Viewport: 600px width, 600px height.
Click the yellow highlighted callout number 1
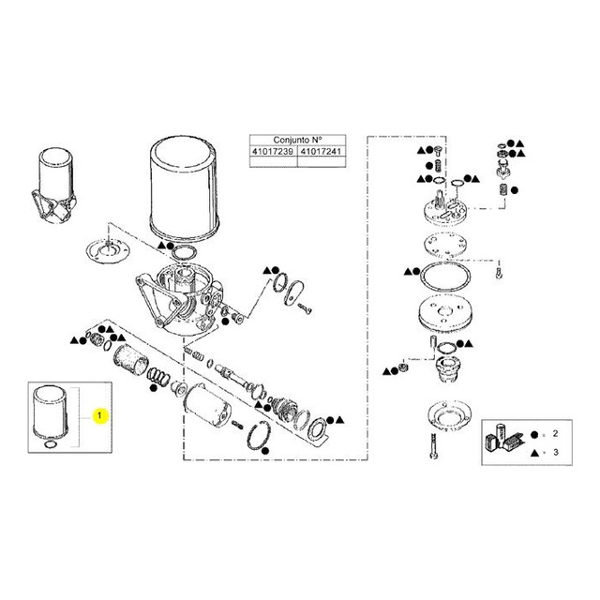(x=100, y=415)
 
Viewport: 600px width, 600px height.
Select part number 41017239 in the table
(x=273, y=152)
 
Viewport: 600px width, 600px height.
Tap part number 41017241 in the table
(x=322, y=152)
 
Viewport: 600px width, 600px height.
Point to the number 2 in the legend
(x=556, y=434)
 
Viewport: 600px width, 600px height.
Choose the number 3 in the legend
(x=556, y=452)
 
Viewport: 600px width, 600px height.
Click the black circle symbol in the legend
(x=534, y=435)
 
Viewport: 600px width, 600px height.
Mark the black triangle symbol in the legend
(x=534, y=453)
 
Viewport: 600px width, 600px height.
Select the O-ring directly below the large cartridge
(x=184, y=253)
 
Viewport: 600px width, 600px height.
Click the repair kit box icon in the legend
(x=502, y=438)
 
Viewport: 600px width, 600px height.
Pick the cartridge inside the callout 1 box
(x=50, y=412)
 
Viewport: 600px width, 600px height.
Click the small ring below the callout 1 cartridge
(x=50, y=444)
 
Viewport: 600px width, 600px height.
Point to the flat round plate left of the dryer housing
(x=108, y=251)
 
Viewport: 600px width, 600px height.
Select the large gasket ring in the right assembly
(x=445, y=277)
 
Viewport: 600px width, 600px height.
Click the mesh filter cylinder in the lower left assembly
(x=130, y=359)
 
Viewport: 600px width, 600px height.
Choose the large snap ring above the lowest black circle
(x=260, y=435)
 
